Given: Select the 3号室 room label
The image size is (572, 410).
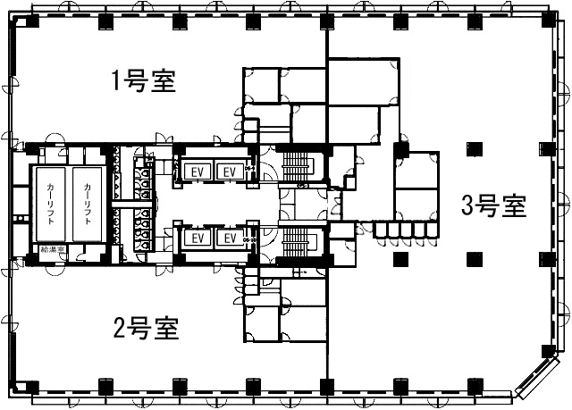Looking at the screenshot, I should [493, 206].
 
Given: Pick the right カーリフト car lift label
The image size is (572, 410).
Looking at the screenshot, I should [87, 205].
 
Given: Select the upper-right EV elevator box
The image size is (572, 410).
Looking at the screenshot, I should [229, 171].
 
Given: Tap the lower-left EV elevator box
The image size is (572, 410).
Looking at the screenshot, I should [199, 238].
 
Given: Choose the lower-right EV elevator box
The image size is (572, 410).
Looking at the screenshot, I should [229, 238].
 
